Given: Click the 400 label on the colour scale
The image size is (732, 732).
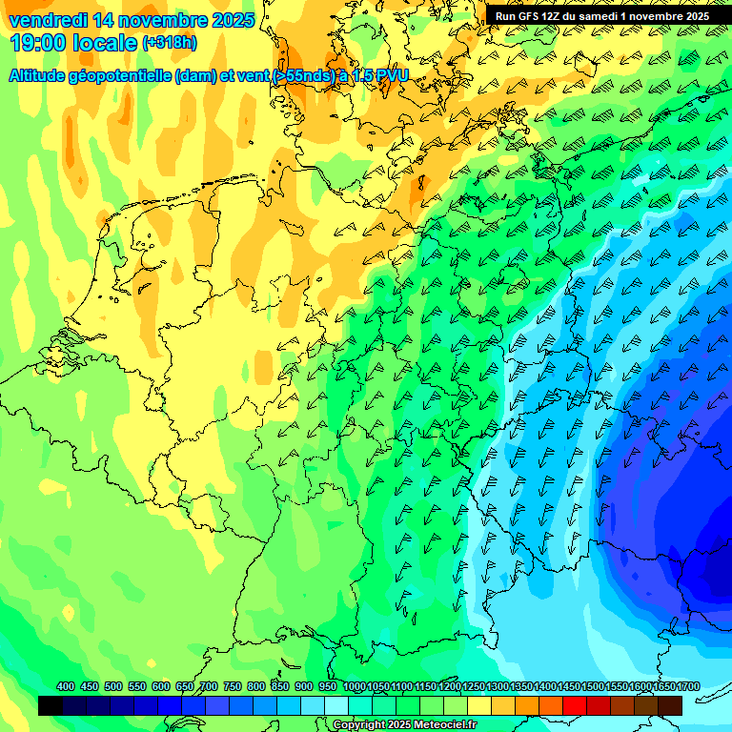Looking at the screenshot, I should pos(66,686).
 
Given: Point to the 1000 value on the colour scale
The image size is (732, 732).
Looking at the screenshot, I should pos(355,686).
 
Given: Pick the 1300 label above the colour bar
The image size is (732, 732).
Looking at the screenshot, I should pos(498,686).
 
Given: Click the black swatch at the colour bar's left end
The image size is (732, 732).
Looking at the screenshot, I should pos(51,705).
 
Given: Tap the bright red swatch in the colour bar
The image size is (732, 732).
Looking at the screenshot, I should pos(575,705).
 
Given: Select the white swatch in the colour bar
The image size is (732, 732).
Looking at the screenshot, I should pos(336,705).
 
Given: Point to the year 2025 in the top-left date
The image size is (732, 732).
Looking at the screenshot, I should pos(228,20).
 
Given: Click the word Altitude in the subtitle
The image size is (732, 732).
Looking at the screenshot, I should pos(41,75).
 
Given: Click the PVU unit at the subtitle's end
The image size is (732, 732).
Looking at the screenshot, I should pos(389,75).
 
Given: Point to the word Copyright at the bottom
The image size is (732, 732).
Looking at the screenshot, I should pos(357,724).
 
